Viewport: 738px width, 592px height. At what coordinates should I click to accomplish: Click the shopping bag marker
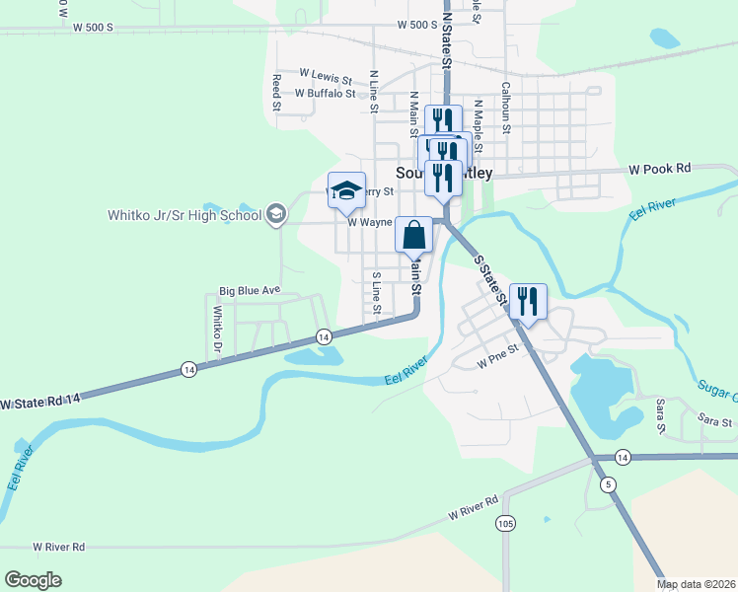pyautogui.click(x=414, y=235)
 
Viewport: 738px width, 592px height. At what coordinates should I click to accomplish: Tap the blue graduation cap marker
pyautogui.click(x=346, y=190)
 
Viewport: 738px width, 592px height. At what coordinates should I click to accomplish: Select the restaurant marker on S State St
pyautogui.click(x=528, y=302)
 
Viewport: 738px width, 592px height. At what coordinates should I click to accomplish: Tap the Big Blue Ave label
pyautogui.click(x=250, y=291)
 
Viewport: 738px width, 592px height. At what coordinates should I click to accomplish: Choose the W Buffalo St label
pyautogui.click(x=325, y=94)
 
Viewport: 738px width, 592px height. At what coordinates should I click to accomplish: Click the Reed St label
pyautogui.click(x=277, y=91)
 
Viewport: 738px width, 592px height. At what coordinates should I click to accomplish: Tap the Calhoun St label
pyautogui.click(x=505, y=107)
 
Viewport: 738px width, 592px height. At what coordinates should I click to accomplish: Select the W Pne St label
pyautogui.click(x=497, y=363)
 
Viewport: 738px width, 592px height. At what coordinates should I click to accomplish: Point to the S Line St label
pyautogui.click(x=377, y=293)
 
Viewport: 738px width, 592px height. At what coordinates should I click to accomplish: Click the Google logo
pyautogui.click(x=34, y=580)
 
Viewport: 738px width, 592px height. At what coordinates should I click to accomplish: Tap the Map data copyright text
pyautogui.click(x=697, y=584)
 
